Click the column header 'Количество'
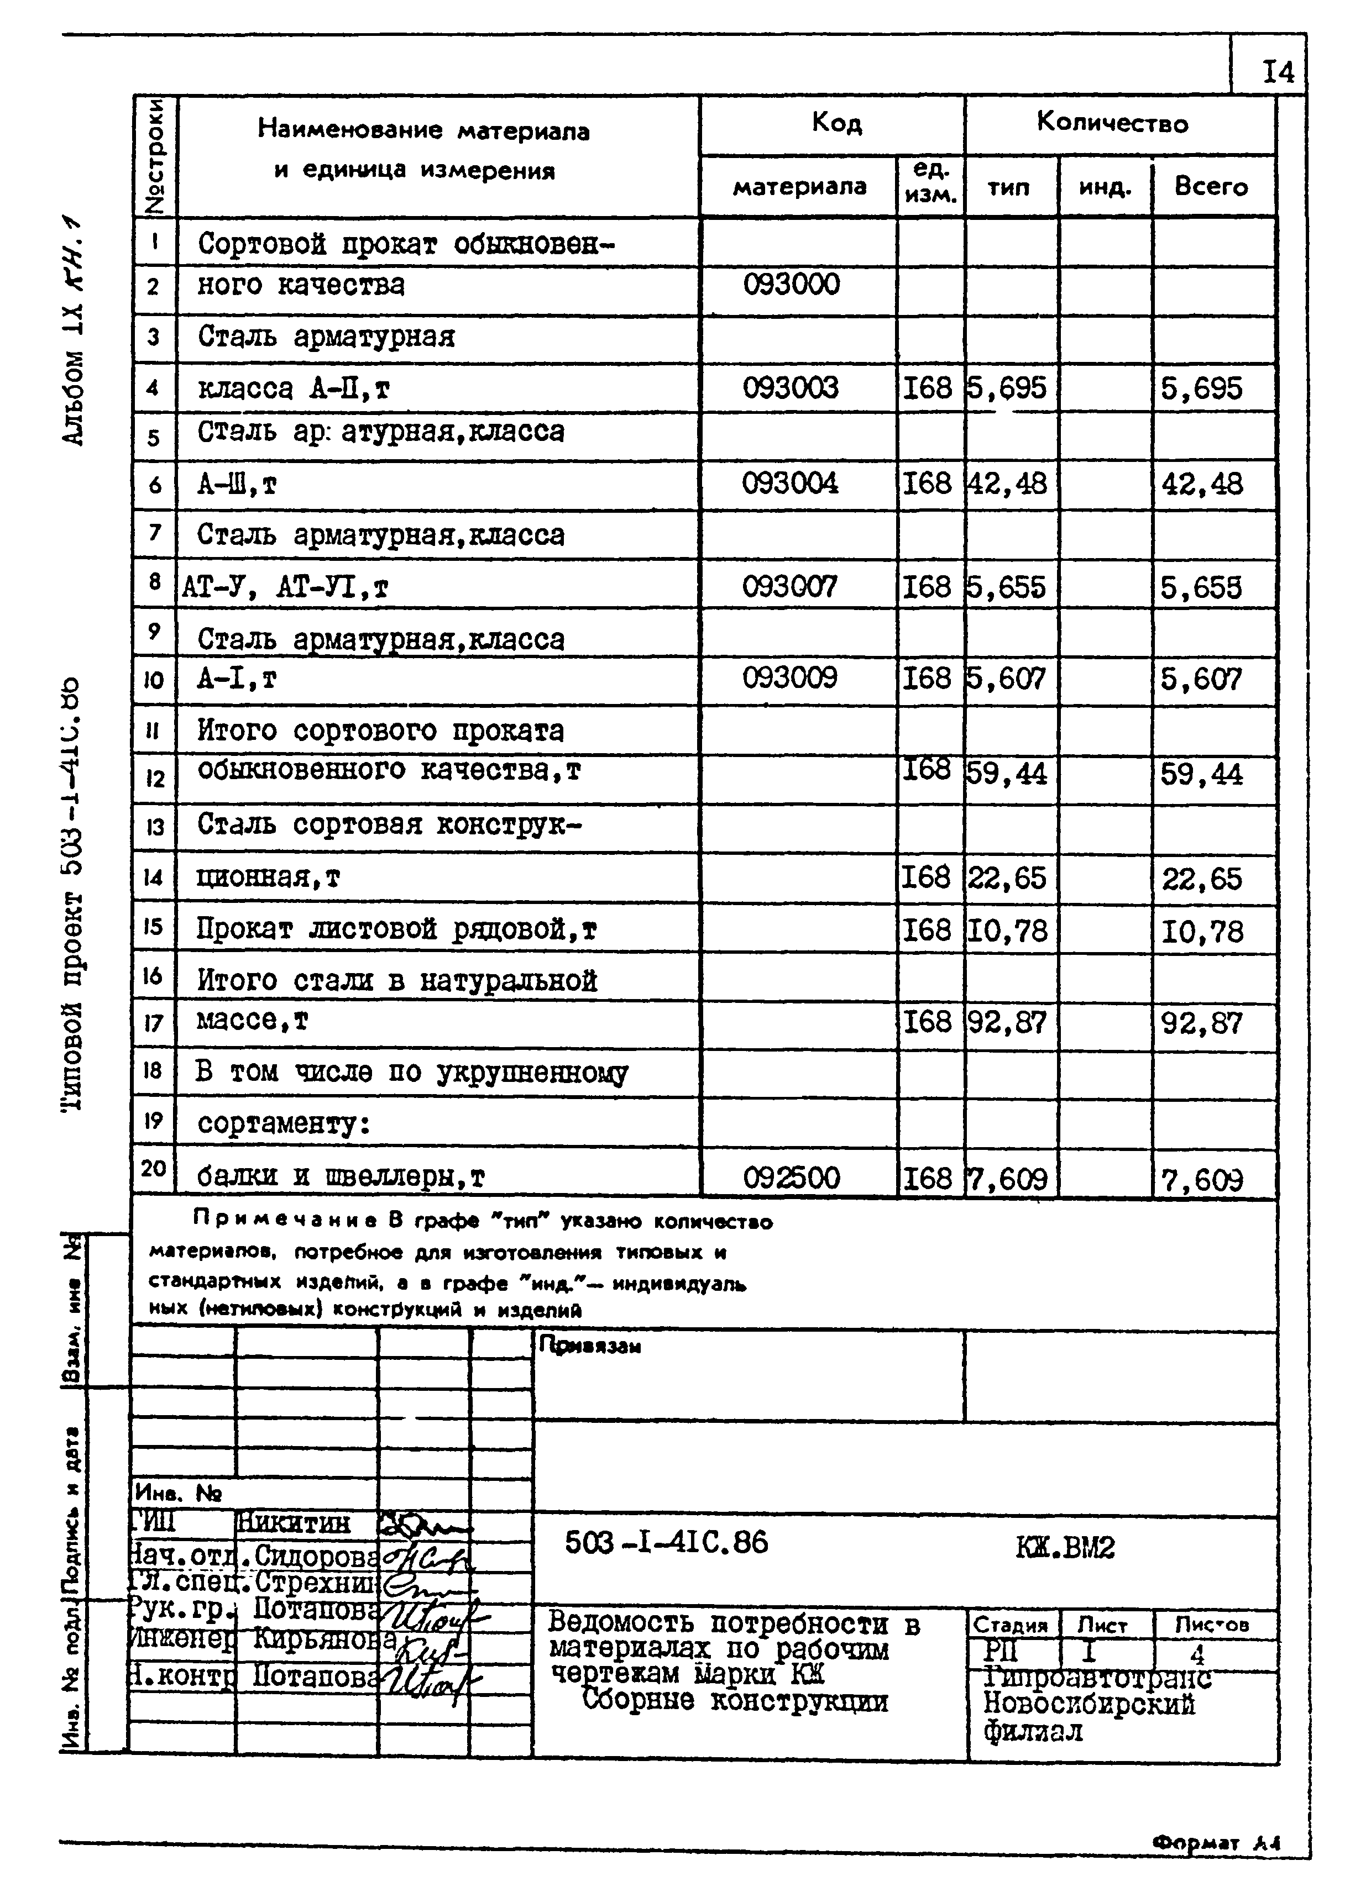pos(1112,123)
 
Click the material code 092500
pos(791,1179)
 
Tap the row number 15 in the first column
pos(153,927)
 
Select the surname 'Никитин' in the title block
pos(293,1523)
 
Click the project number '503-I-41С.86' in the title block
pos(666,1542)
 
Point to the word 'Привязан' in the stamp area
pos(589,1346)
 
